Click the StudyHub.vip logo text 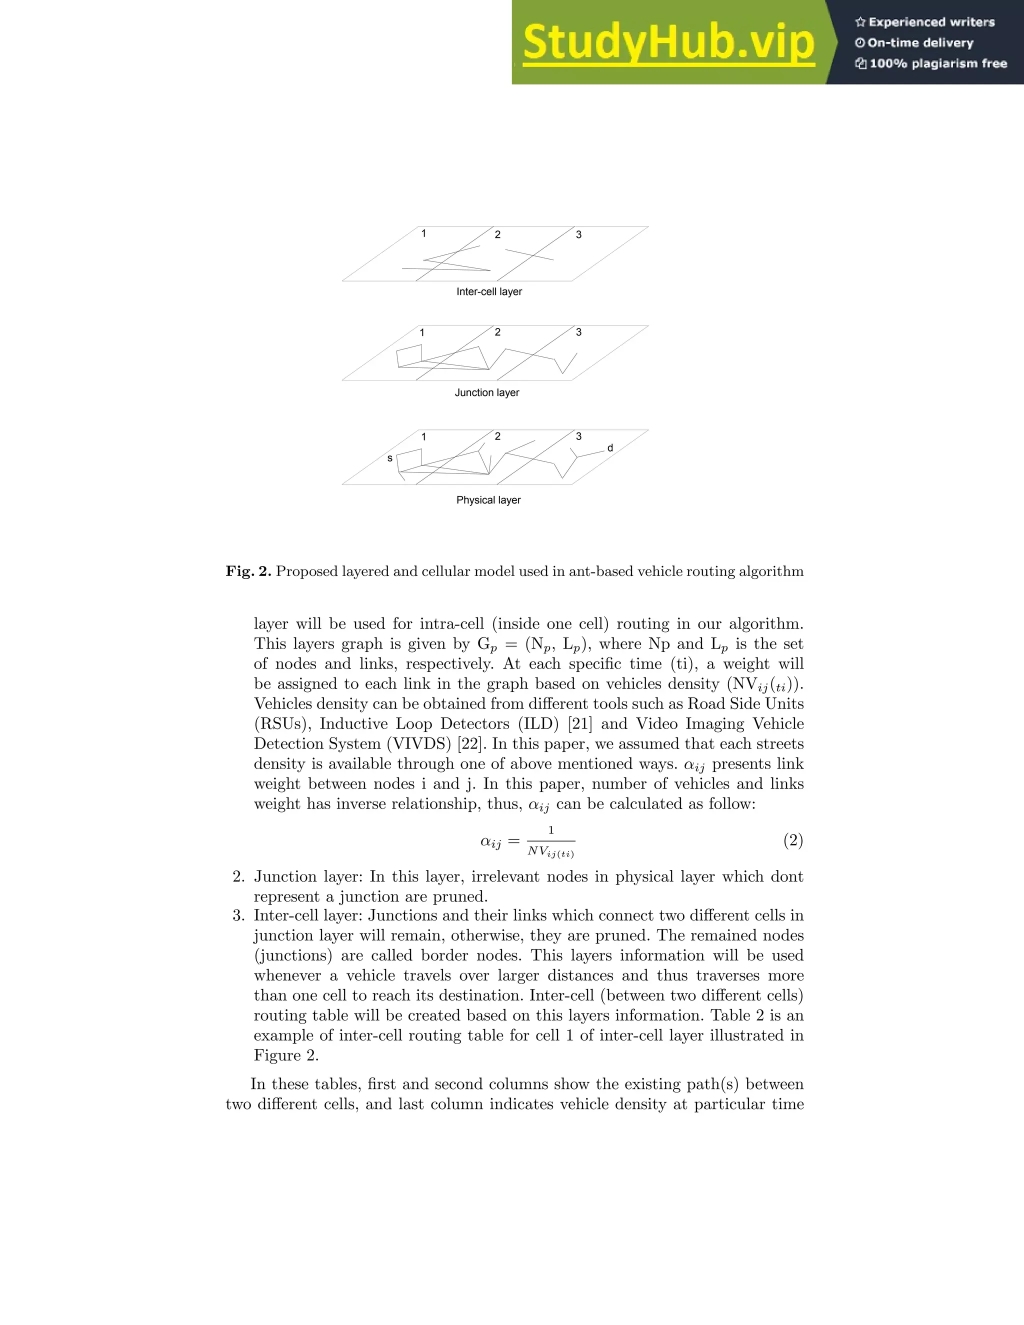668,42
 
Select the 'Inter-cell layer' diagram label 489,292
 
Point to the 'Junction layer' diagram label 487,392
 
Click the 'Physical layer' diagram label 488,500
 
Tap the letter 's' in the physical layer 390,458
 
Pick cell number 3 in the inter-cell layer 578,235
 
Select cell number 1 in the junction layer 422,332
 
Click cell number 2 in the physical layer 497,436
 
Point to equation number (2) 793,840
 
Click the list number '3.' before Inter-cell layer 238,915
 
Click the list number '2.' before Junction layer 238,876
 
